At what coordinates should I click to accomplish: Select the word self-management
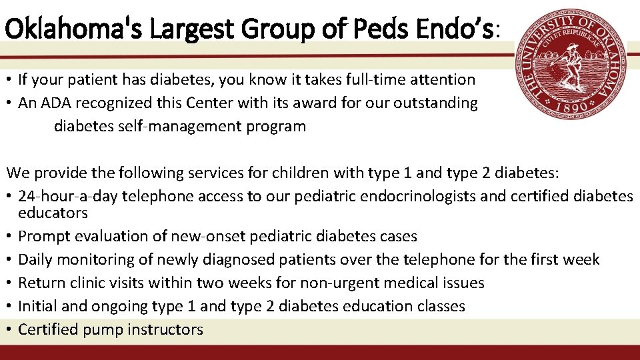pyautogui.click(x=171, y=126)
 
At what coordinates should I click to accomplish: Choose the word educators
pyautogui.click(x=53, y=213)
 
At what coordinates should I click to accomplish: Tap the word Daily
pyautogui.click(x=37, y=260)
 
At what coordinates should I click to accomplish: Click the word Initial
pyautogui.click(x=39, y=307)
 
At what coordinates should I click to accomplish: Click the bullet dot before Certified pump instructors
pyautogui.click(x=10, y=330)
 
